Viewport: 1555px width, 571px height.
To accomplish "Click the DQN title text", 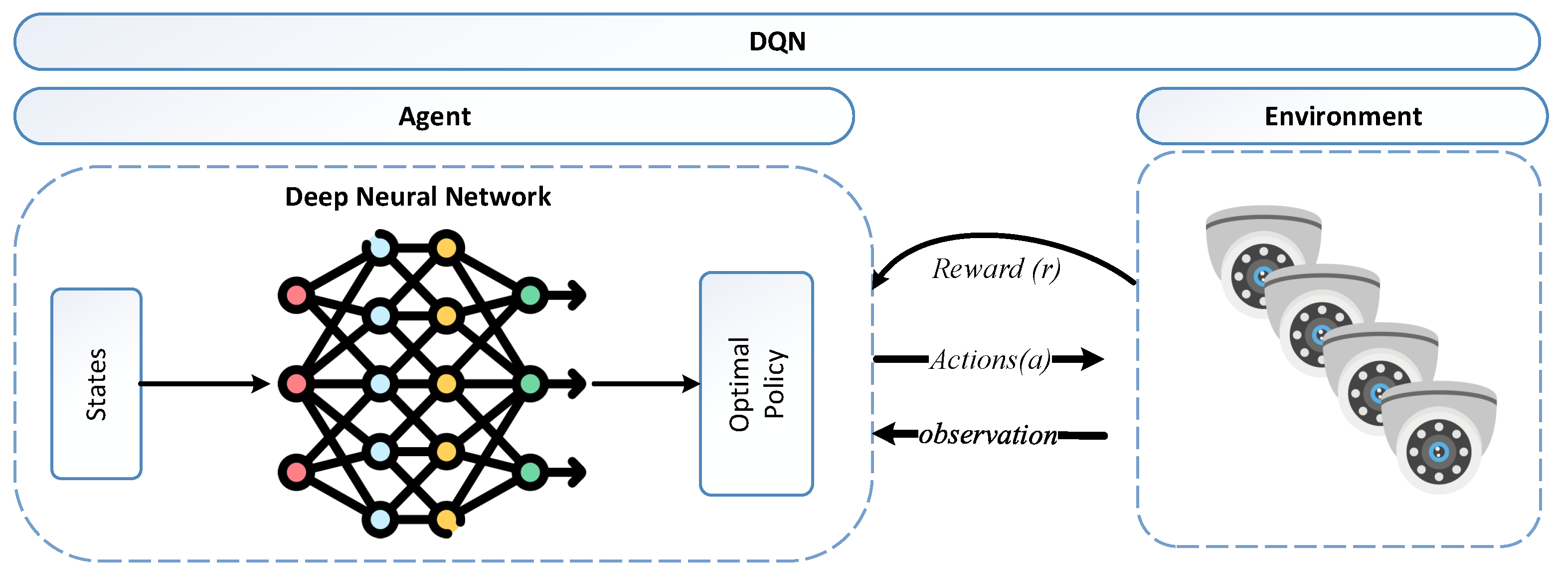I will click(x=777, y=42).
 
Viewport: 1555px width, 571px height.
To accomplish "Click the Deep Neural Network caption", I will click(x=418, y=197).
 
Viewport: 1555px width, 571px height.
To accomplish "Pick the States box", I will click(x=97, y=384).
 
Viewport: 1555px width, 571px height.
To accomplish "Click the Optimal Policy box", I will click(x=756, y=384).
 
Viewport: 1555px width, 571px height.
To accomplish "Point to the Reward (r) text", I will click(x=996, y=269).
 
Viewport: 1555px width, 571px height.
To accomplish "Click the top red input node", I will click(x=296, y=295).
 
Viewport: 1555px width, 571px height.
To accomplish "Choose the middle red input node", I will click(x=296, y=384).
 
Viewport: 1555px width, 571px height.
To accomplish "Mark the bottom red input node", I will click(x=296, y=472).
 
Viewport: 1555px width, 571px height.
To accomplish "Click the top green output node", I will click(x=530, y=295).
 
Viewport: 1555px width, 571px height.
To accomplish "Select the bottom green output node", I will click(x=530, y=472).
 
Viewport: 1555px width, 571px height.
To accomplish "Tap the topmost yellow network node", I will click(x=446, y=248).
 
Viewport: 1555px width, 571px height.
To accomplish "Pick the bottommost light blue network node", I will click(x=380, y=520).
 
